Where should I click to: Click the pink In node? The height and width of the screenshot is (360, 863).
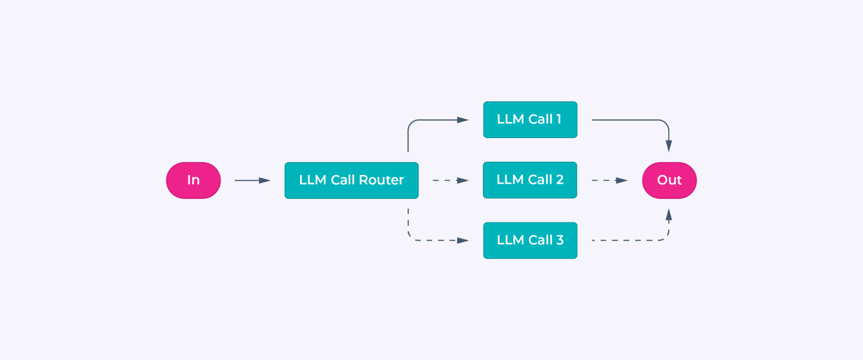coord(193,180)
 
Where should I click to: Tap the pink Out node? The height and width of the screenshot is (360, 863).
coord(669,180)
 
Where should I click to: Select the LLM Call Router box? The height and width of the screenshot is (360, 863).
coord(351,180)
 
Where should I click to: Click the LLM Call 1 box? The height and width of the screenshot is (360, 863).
coord(530,120)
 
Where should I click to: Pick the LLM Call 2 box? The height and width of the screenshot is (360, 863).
coord(530,180)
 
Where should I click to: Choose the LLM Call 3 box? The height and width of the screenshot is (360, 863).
coord(530,240)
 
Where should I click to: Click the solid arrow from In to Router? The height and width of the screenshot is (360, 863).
coord(252,180)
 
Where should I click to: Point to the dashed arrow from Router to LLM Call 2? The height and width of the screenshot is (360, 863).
coord(449,180)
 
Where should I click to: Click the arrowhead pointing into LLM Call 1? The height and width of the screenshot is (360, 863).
coord(463,120)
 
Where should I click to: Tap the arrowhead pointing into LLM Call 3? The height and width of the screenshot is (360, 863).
coord(463,240)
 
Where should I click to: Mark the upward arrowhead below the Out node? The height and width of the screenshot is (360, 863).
coord(669,215)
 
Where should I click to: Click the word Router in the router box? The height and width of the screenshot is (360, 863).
coord(381,180)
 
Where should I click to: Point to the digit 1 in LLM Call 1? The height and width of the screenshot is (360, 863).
coord(559,119)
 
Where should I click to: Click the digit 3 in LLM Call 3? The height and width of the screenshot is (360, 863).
coord(560,240)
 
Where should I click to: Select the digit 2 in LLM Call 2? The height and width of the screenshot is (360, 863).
coord(560,180)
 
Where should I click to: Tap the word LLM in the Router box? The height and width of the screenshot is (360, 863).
coord(313,180)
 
